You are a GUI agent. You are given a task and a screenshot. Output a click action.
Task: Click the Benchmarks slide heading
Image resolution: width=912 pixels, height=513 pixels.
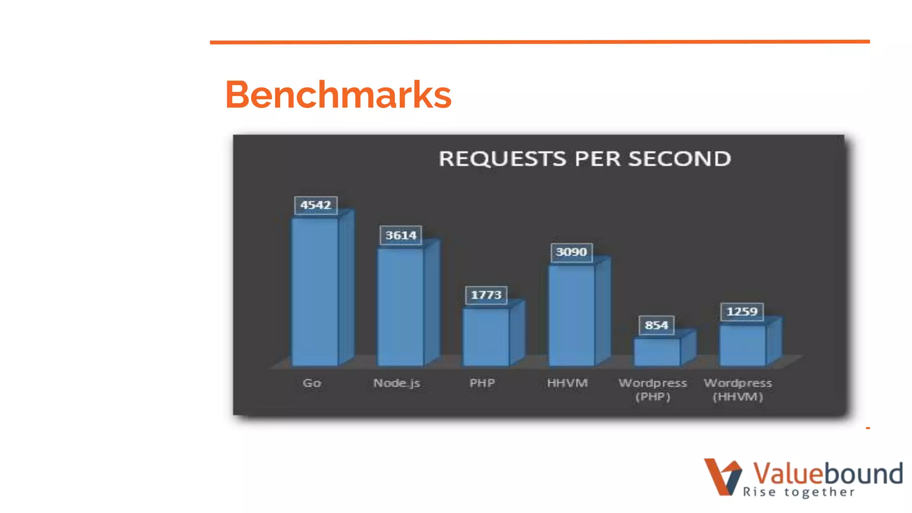coord(338,94)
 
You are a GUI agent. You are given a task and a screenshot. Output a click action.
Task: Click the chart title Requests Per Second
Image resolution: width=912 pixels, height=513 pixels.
coord(585,159)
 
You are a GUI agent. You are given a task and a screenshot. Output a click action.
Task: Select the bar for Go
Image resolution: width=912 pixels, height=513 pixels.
coord(315,292)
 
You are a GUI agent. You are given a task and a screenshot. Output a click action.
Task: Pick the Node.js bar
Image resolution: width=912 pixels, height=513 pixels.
coord(400,307)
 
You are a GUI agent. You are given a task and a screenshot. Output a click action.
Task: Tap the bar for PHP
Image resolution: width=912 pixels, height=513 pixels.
coord(486,337)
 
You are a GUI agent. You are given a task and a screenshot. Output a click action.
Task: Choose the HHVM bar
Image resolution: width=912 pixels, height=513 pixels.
coord(571,315)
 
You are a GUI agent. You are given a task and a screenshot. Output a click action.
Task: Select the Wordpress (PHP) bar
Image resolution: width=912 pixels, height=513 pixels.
coord(657,352)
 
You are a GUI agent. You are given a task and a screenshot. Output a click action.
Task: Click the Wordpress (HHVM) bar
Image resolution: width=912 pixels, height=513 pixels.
coord(742,345)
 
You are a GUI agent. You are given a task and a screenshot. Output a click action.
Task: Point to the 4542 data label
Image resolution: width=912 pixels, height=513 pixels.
coord(316,205)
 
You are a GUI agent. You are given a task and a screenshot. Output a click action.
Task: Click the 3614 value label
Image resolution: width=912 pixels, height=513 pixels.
coord(401,235)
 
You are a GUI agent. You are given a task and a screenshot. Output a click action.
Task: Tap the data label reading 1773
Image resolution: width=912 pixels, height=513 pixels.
coord(486,295)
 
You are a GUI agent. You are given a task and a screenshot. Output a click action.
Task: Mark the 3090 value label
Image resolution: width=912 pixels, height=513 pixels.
coord(571,252)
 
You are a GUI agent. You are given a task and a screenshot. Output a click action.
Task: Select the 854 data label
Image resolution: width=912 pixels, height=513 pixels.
coord(656,325)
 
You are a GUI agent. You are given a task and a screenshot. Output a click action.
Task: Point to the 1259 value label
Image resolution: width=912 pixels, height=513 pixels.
coord(742,311)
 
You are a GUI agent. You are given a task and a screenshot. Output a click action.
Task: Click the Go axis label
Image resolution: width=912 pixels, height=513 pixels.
coord(312,383)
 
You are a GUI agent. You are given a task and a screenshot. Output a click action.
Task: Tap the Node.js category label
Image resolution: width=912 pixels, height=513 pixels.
coord(397,383)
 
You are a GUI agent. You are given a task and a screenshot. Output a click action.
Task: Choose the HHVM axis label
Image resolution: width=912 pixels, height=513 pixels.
coord(567,383)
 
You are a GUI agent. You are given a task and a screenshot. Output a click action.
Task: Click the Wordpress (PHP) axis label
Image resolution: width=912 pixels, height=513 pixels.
coord(653,390)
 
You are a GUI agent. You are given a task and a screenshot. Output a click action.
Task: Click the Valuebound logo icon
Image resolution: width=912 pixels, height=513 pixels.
coord(722,476)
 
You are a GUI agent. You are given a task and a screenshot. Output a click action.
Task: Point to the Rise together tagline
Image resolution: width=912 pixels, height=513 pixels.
coord(799,492)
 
